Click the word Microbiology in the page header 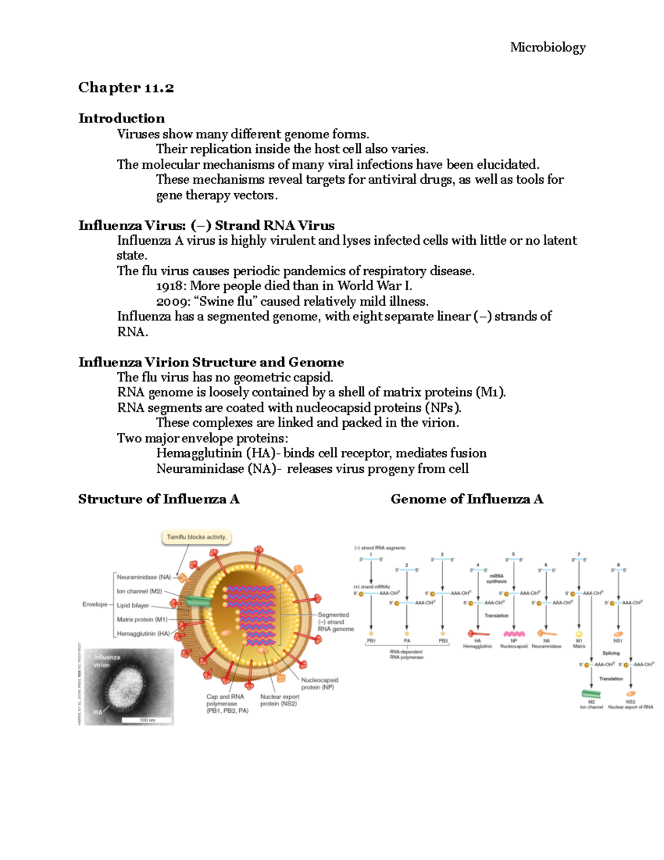click(547, 48)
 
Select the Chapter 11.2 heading click(126, 87)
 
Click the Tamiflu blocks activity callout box click(196, 537)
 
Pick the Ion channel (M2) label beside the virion click(139, 591)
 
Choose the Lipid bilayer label click(133, 605)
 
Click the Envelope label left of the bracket click(95, 604)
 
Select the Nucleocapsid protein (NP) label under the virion click(319, 683)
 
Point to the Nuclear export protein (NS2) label click(279, 700)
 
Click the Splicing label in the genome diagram click(611, 653)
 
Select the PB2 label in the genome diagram click(443, 641)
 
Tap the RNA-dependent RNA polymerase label click(406, 655)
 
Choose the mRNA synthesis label click(496, 579)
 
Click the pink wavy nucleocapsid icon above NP click(514, 634)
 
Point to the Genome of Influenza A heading click(466, 499)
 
